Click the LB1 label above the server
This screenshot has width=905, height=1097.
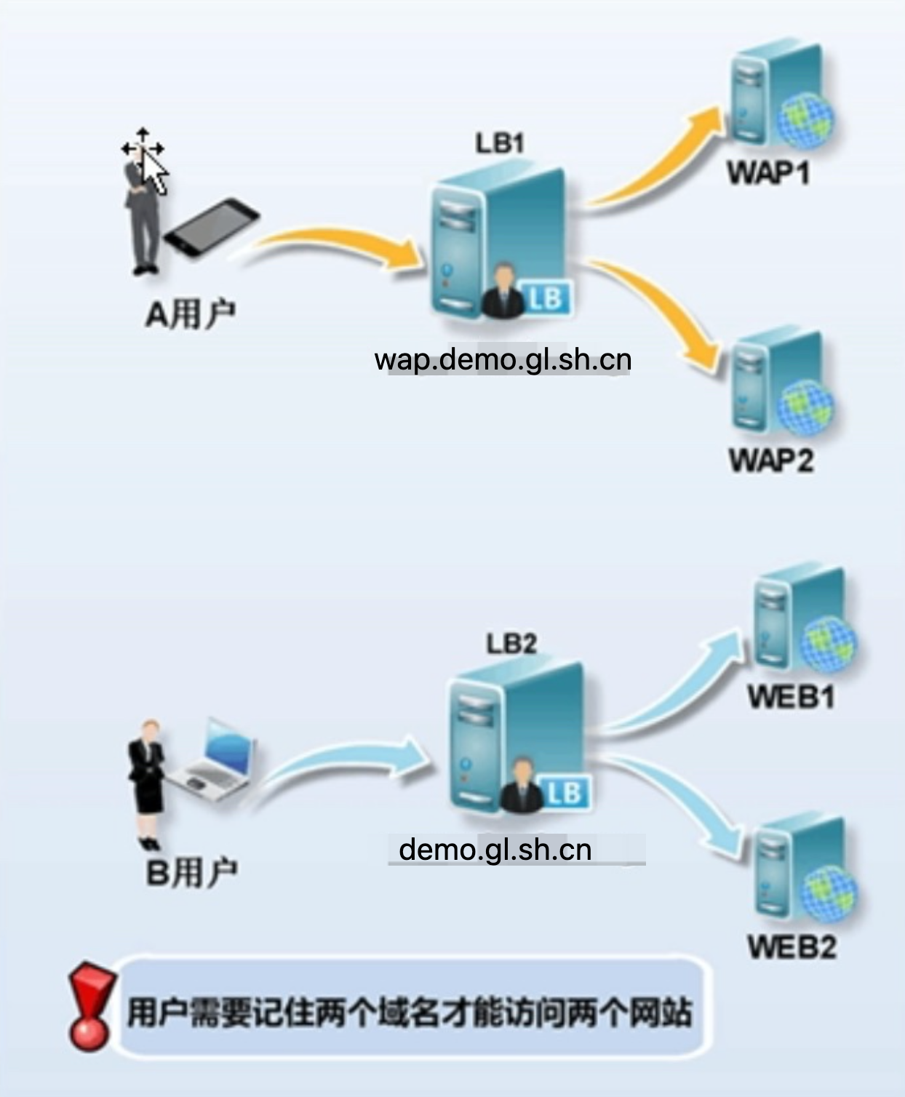(500, 143)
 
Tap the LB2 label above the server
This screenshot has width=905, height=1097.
(511, 643)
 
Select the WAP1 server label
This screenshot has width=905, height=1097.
(768, 173)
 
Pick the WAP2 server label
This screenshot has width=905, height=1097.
(771, 460)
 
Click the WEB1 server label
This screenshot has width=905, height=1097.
(792, 697)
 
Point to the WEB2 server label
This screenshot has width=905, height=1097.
(792, 946)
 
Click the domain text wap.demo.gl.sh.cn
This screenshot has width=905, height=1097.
(503, 359)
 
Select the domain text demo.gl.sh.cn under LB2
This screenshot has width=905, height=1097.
(495, 849)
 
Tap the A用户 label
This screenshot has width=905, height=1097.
(190, 314)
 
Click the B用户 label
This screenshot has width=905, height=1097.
(191, 872)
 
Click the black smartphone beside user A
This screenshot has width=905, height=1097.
(211, 227)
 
